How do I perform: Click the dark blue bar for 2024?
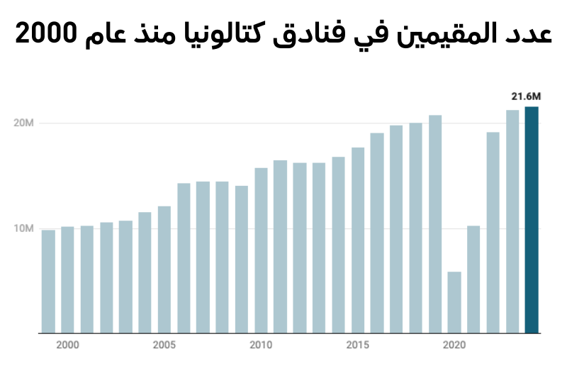[x=532, y=220]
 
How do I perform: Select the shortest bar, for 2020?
[x=454, y=302]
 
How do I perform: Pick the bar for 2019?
[x=435, y=224]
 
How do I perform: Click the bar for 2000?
[x=67, y=279]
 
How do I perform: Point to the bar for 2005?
[x=164, y=269]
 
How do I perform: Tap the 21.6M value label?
[x=527, y=96]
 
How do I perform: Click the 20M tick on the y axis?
[x=24, y=123]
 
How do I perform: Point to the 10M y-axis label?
[x=24, y=228]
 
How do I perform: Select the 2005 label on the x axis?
[x=164, y=345]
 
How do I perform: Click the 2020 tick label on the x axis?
[x=454, y=345]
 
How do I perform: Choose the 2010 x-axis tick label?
[x=261, y=345]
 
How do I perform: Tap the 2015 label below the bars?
[x=358, y=345]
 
